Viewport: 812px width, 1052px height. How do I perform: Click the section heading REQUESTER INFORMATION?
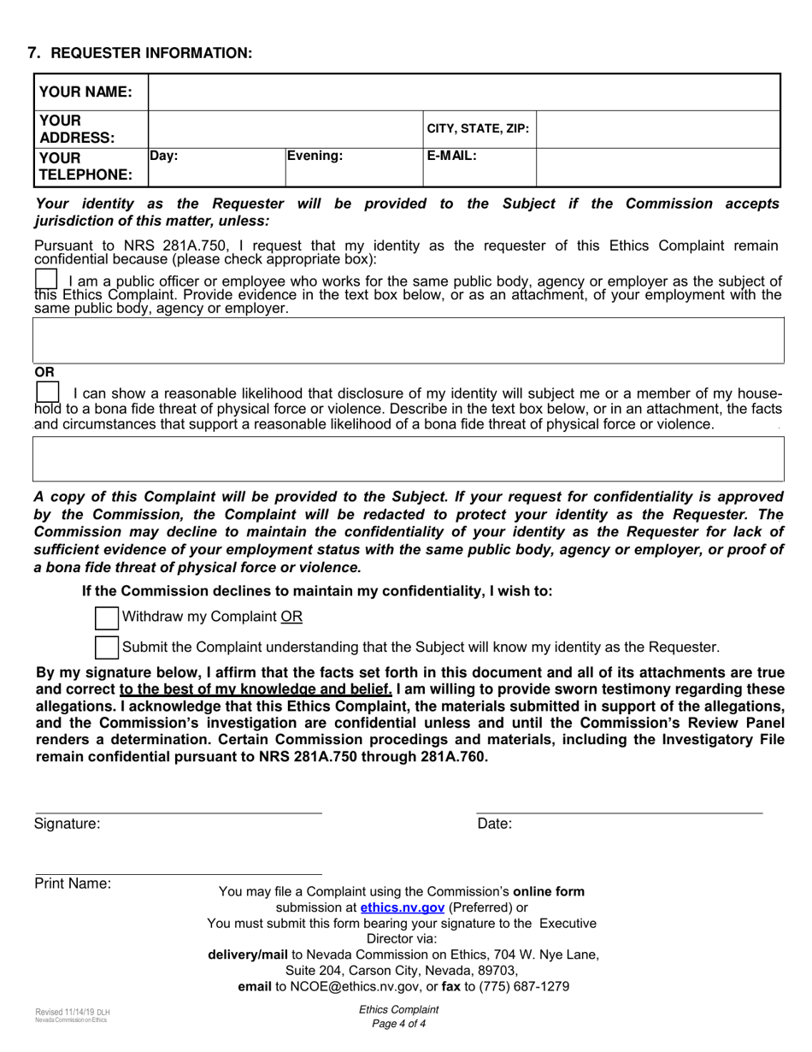point(151,53)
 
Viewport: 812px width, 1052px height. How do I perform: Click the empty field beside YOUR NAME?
point(464,92)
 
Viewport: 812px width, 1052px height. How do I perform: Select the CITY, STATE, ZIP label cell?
point(479,129)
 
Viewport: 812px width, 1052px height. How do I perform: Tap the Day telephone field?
point(216,168)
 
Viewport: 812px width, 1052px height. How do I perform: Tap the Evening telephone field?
point(354,168)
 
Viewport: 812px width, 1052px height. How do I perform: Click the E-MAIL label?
point(452,157)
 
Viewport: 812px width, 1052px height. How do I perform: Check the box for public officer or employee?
point(46,280)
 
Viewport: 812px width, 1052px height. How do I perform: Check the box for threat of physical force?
point(48,392)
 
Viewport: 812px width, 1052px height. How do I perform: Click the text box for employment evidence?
point(408,340)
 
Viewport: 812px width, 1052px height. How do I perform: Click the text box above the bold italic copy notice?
point(408,459)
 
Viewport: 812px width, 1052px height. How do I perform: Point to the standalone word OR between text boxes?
point(44,372)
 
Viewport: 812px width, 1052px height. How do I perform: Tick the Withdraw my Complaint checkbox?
point(107,618)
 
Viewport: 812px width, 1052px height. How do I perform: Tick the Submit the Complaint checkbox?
point(107,647)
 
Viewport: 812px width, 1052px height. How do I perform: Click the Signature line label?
point(68,824)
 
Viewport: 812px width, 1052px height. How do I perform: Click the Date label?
point(495,824)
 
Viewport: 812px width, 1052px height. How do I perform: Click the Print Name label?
point(73,884)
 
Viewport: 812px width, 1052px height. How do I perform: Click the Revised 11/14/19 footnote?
point(73,1012)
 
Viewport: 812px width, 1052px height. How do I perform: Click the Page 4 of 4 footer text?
point(399,1024)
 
